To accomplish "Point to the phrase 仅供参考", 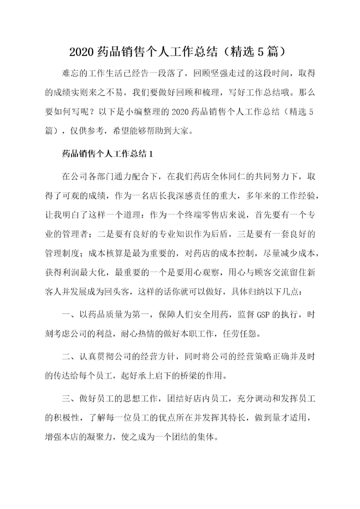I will coord(86,131).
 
